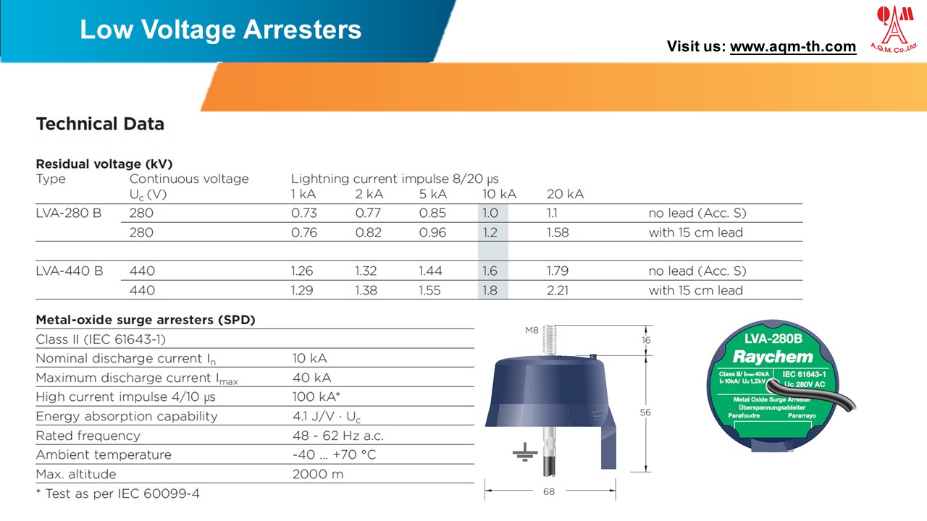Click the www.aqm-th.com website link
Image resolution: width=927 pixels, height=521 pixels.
792,47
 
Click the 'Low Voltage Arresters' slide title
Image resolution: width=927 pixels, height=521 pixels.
220,30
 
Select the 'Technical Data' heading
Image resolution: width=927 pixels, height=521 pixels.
100,124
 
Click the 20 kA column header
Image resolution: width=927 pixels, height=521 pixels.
565,194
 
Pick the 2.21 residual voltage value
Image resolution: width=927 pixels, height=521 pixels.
558,290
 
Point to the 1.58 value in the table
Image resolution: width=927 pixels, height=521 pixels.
558,232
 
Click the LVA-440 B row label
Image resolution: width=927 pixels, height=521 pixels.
70,271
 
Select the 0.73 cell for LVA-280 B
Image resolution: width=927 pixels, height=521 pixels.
303,213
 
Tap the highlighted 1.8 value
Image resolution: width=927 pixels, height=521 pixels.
490,290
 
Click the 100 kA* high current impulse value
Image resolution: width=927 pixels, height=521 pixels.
316,397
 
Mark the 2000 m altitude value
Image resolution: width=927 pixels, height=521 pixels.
318,475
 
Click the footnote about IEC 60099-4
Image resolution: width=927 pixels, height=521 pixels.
118,494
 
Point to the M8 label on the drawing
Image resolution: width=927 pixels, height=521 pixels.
532,331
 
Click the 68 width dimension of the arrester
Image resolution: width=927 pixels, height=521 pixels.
549,492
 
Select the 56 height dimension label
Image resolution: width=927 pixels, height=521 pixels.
645,412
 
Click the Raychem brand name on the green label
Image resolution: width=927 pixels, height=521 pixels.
773,357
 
